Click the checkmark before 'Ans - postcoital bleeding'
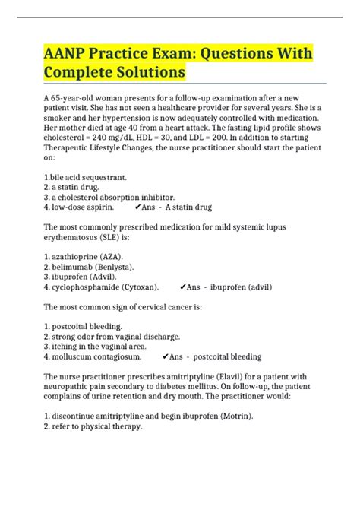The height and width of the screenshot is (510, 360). pyautogui.click(x=166, y=356)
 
